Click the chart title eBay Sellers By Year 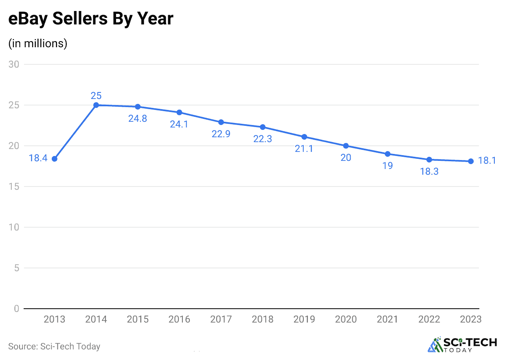91,19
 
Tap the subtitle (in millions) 38,43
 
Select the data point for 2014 96,105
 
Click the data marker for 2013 55,159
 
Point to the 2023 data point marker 471,161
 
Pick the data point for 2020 346,146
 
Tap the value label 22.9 221,134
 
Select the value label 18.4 38,158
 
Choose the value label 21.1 304,149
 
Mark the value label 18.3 429,171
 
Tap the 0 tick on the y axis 16,309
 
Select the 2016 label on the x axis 179,319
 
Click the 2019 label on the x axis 304,319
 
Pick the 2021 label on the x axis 387,319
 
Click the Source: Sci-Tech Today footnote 54,347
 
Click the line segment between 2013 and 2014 75,132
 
